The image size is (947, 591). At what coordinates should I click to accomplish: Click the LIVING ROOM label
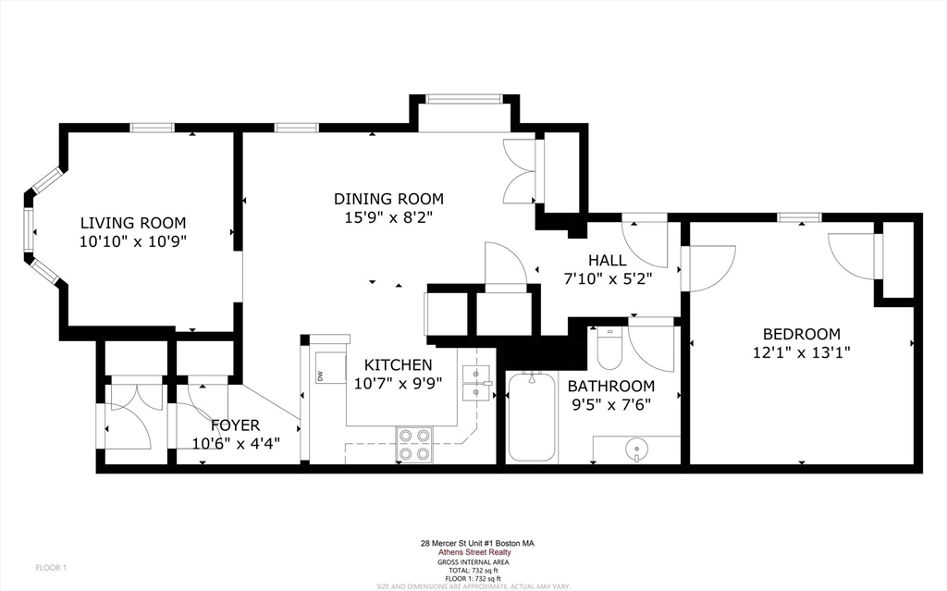(132, 223)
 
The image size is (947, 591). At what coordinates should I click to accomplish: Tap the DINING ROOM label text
(388, 199)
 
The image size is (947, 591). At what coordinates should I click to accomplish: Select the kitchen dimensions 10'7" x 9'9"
(398, 383)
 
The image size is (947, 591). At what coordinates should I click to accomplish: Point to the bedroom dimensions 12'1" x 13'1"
(801, 352)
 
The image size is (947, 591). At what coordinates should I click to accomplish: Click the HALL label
(607, 261)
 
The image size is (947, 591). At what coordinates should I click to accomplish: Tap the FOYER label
(234, 425)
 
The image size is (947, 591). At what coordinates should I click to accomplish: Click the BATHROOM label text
(610, 386)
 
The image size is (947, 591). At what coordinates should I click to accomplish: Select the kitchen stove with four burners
(414, 444)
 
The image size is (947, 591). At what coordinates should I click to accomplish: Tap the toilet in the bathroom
(609, 349)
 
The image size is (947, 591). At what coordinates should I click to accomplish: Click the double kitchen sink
(477, 384)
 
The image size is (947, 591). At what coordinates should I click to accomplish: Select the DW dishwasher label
(320, 376)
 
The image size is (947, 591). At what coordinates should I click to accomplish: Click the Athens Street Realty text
(473, 553)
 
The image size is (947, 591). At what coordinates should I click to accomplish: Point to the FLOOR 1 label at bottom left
(51, 567)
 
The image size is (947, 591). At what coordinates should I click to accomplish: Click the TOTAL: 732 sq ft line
(473, 571)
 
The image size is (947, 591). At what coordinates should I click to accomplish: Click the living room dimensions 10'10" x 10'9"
(132, 240)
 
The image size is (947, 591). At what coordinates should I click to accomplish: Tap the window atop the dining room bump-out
(463, 98)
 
